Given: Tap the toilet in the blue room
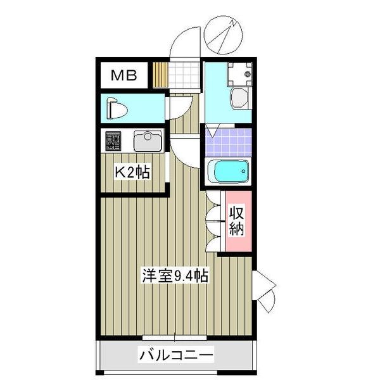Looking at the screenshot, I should pos(117,108).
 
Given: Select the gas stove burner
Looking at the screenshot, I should pos(113,140).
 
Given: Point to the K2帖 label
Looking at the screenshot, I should pos(131,172).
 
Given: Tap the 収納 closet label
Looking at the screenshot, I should pos(236,220).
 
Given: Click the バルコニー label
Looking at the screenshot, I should pos(175,355).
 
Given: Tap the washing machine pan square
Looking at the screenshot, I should pos(238,75).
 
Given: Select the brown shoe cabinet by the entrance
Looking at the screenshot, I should pos(160,75).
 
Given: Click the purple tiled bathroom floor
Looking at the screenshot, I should pos(227,142).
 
